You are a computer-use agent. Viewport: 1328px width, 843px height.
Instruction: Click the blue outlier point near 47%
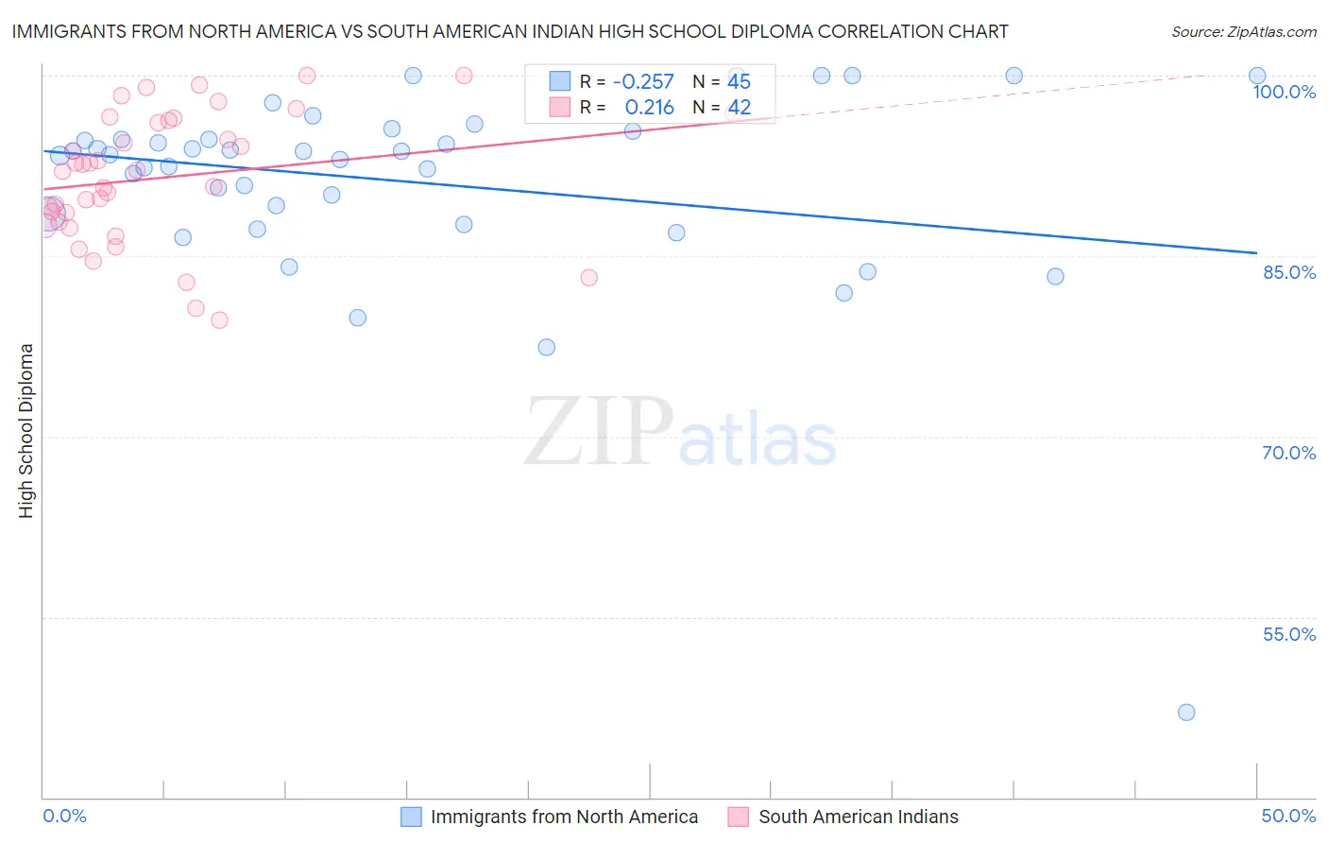pos(1186,713)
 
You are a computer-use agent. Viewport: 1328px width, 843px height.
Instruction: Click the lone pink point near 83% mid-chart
pos(588,278)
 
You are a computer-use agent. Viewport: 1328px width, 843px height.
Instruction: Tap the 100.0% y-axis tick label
pos(1284,92)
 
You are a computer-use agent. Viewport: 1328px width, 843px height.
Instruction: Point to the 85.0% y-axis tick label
pos(1289,272)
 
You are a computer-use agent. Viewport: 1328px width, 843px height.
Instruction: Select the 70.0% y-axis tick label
pos(1289,453)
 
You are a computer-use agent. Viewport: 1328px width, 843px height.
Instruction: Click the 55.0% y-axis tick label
pos(1289,634)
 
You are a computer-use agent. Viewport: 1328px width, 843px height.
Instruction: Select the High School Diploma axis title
pos(26,430)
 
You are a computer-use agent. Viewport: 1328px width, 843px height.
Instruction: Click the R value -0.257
pos(643,82)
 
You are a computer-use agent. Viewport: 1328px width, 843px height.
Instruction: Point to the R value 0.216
pos(649,108)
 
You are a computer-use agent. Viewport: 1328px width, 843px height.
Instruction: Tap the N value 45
pos(739,82)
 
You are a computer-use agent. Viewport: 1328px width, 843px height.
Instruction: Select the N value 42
pos(739,108)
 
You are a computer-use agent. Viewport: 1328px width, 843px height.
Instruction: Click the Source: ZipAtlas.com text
pos(1243,32)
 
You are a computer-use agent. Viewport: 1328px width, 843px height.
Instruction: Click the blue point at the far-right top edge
pos(1257,76)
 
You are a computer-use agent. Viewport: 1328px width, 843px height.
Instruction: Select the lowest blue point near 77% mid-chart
pos(546,348)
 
